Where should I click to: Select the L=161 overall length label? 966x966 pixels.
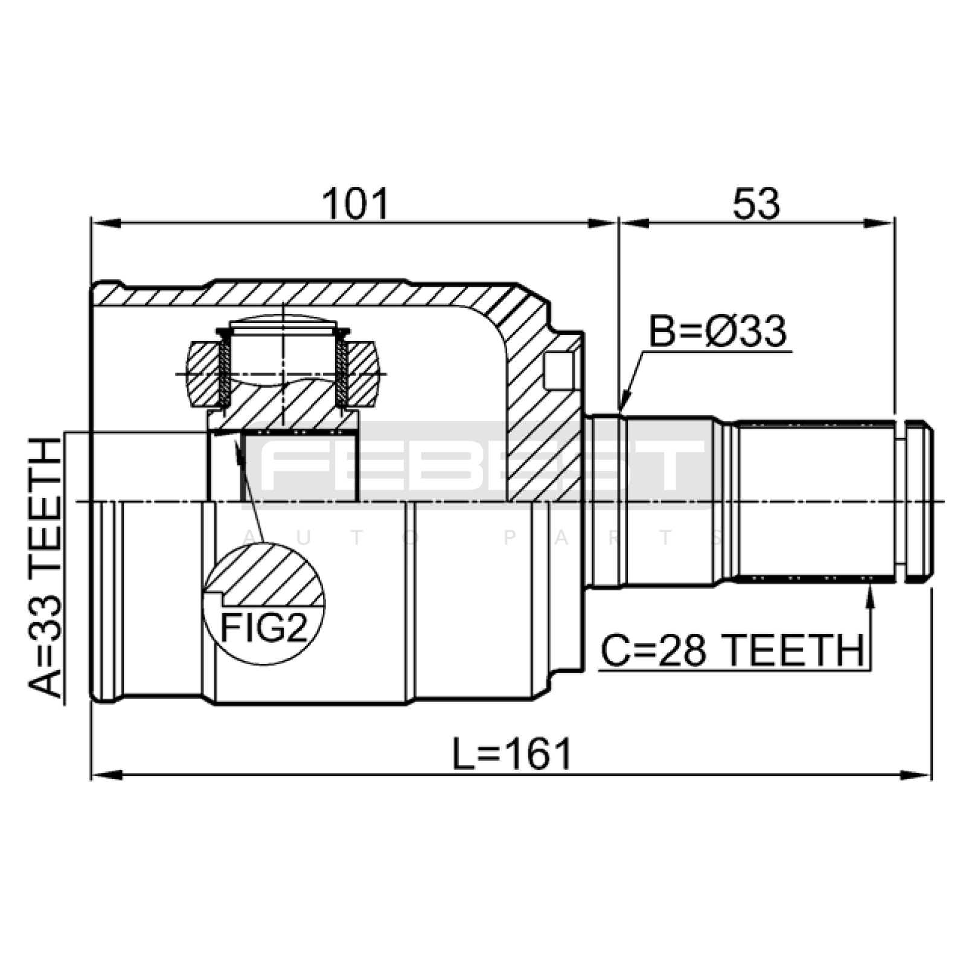[512, 754]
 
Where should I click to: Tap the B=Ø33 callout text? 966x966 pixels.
[718, 331]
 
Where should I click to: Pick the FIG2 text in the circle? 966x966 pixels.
[264, 628]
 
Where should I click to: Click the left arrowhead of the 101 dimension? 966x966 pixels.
[106, 223]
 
